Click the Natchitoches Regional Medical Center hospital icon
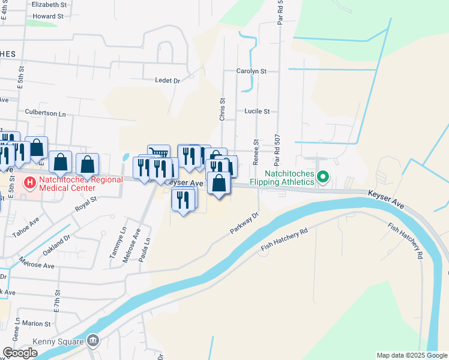point(28,182)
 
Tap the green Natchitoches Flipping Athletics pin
point(323,177)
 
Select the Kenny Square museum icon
point(92,341)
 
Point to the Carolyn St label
point(252,71)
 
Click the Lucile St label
point(257,111)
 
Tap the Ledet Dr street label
point(167,80)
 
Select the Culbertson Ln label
point(45,112)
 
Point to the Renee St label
point(256,152)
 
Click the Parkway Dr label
point(244,223)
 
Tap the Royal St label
point(85,200)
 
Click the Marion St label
point(37,324)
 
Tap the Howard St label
point(48,16)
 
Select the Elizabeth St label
point(49,4)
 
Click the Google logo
point(20,353)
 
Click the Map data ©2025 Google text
point(411,355)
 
